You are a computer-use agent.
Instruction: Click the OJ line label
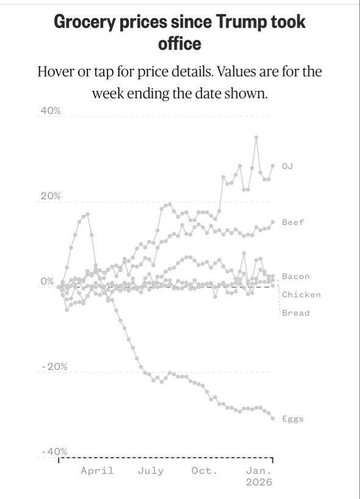click(x=287, y=166)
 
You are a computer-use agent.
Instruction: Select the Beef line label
click(x=293, y=222)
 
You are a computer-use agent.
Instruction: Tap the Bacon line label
click(x=296, y=276)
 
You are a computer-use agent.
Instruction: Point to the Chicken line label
click(x=301, y=295)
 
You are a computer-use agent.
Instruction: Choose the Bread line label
click(x=296, y=313)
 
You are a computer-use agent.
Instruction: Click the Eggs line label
click(x=293, y=419)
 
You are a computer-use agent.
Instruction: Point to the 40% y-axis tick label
click(x=50, y=111)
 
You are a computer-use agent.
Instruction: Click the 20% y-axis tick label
click(x=50, y=196)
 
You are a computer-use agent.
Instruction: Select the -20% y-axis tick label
click(x=54, y=367)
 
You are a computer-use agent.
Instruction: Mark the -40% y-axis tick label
click(x=54, y=451)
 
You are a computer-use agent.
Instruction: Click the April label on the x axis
click(x=97, y=471)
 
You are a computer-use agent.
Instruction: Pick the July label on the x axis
click(x=151, y=471)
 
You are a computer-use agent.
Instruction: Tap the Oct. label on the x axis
click(x=204, y=471)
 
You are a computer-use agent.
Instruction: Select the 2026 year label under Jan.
click(x=259, y=482)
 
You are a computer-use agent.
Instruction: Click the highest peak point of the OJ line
click(x=256, y=137)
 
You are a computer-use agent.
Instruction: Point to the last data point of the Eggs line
click(x=273, y=418)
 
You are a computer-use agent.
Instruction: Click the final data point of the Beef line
click(x=273, y=222)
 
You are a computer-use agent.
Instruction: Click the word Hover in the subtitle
click(x=56, y=71)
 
